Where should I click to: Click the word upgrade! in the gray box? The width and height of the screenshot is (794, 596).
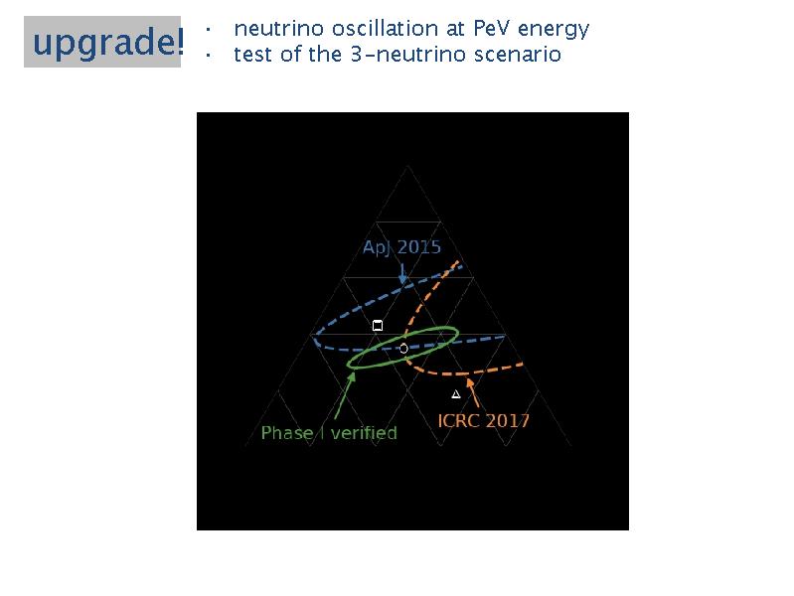point(108,42)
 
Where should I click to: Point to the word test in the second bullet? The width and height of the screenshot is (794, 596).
point(253,55)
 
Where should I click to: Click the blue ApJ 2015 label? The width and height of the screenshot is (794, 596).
point(402,247)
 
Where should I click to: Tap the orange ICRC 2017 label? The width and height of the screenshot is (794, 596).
point(484,421)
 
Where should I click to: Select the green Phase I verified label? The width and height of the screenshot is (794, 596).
point(329,433)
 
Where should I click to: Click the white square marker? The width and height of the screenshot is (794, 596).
point(378,325)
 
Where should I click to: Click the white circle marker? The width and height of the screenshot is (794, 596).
point(403,349)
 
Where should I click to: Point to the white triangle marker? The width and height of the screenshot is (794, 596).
point(456,394)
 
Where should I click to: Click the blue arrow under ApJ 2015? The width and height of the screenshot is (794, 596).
point(402,273)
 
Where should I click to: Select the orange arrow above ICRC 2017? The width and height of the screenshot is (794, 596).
point(472,393)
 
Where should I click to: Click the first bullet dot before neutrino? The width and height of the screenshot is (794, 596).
point(208,30)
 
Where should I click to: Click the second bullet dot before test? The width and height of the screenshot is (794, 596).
point(208,55)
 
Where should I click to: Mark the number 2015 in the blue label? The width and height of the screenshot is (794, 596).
point(419,247)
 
